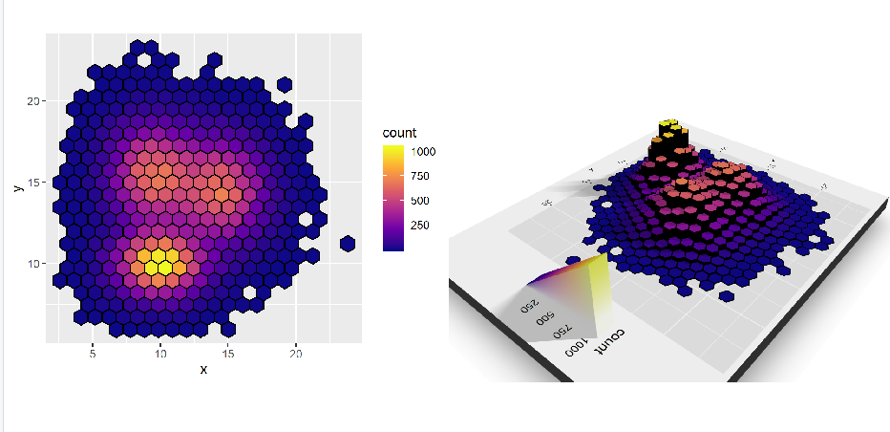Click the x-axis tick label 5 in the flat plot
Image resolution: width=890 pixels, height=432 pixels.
coord(92,353)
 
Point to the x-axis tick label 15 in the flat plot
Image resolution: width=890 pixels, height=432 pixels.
coord(228,353)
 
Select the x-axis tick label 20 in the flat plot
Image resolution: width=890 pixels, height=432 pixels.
coord(296,353)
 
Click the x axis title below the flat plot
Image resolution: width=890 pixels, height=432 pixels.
coord(202,370)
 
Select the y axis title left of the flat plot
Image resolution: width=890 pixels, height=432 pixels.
coord(16,187)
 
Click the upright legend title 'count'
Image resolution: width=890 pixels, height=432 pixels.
coord(397,132)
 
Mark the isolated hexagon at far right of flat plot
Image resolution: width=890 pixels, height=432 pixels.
coord(347,243)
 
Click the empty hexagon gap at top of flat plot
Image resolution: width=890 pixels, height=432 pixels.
coord(143,59)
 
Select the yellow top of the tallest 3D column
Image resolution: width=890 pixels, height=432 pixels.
coord(670,125)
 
